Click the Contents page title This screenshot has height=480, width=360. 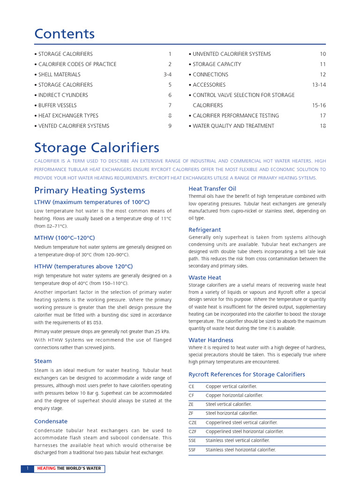[x=64, y=34]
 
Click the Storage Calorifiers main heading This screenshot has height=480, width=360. [x=97, y=148]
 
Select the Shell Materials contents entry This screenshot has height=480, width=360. [x=59, y=75]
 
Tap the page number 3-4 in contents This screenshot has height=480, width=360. [x=167, y=75]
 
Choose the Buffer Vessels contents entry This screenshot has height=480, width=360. [x=57, y=105]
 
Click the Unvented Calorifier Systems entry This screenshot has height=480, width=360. [x=232, y=54]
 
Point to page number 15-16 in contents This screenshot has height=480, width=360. [x=319, y=105]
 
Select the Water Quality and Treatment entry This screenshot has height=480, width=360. [x=233, y=126]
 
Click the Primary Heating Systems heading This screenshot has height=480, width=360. [x=90, y=190]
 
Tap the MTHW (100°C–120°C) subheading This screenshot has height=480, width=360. [x=64, y=238]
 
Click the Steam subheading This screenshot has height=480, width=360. [x=43, y=361]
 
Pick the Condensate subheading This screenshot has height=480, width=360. [x=51, y=421]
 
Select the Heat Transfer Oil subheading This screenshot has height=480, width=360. [x=212, y=188]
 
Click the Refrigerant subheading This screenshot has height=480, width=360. [x=204, y=230]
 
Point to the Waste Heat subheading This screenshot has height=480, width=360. [x=204, y=277]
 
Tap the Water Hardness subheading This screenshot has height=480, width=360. [x=210, y=340]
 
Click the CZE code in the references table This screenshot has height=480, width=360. [x=193, y=422]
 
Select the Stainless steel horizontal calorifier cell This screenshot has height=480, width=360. [x=240, y=450]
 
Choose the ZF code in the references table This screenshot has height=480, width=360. [x=191, y=413]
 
